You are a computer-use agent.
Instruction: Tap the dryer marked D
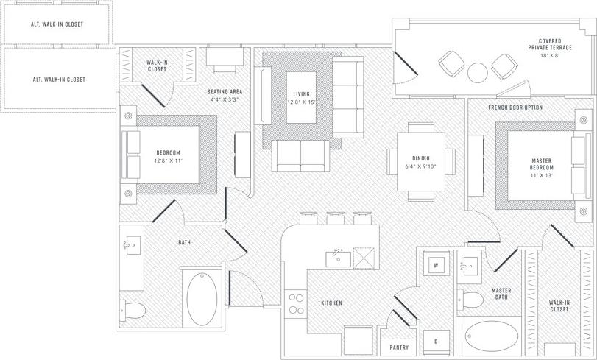[x=435, y=342]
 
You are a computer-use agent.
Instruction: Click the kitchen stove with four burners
[x=296, y=303]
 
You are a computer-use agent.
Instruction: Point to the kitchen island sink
[x=338, y=257]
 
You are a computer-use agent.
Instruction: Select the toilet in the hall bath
[x=133, y=310]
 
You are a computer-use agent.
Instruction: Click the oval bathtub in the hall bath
[x=202, y=300]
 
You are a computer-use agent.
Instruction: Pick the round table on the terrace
[x=478, y=72]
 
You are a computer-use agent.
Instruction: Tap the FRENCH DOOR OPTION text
[x=516, y=107]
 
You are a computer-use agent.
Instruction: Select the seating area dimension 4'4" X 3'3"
[x=226, y=99]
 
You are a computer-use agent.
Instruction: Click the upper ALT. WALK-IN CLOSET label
[x=58, y=24]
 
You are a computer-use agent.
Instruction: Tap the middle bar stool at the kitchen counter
[x=336, y=219]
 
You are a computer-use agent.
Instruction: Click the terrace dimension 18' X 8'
[x=555, y=56]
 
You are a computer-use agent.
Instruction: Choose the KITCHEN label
[x=331, y=303]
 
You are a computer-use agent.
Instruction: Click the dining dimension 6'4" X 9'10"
[x=421, y=166]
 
